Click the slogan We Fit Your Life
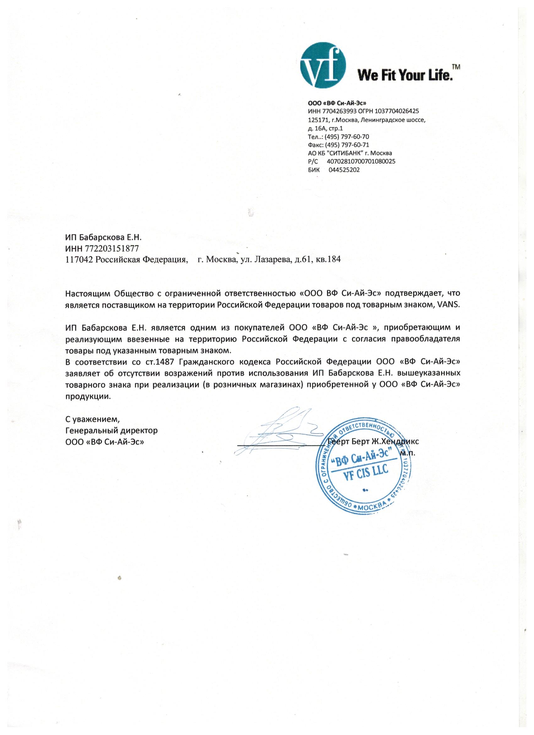405,75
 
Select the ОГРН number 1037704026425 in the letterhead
397,111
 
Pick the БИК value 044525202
344,170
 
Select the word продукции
88,396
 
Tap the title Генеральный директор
112,431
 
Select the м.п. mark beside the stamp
408,453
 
